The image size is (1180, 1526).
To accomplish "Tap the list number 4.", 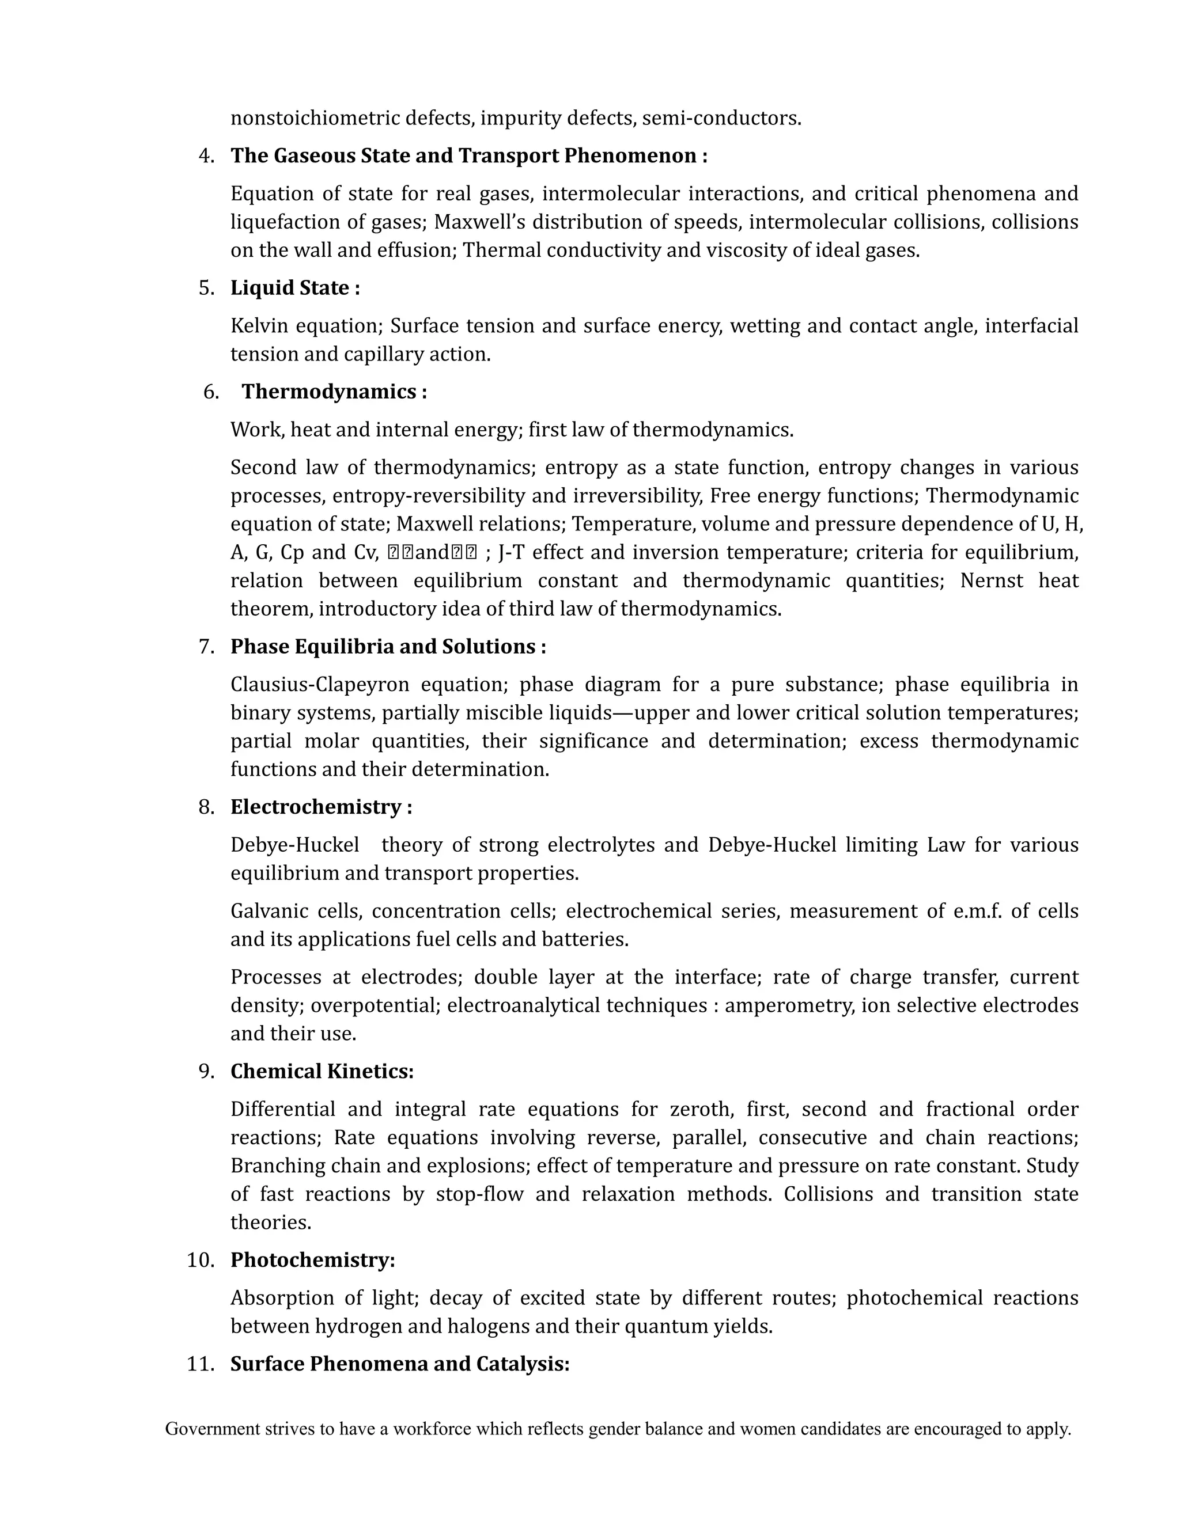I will click(206, 156).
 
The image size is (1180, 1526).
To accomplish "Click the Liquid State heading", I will click(295, 288).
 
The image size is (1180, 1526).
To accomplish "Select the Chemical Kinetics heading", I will click(322, 1071).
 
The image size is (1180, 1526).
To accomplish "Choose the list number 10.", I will click(201, 1260).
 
